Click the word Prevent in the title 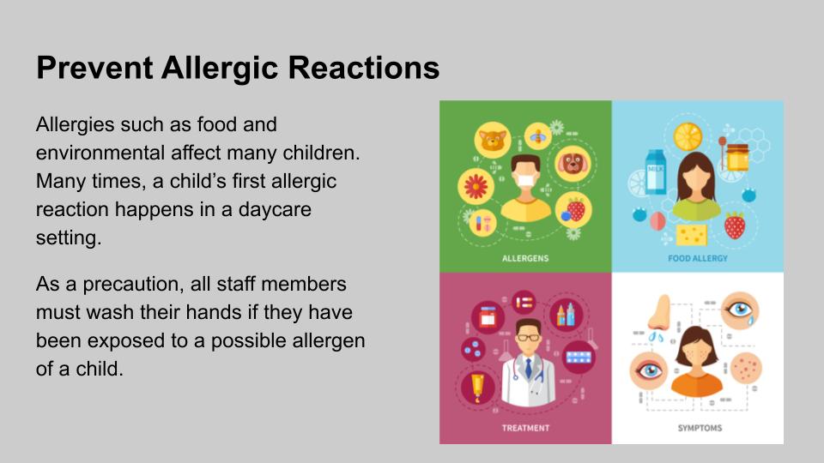94,68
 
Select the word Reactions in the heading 364,68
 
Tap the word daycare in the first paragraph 275,210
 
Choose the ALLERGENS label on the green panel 525,258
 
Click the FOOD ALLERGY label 698,258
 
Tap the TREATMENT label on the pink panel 525,428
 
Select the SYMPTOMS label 700,428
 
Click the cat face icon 493,140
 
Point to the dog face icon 573,164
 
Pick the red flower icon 476,186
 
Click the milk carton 655,171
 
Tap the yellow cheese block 691,235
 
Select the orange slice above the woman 688,136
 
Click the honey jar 737,157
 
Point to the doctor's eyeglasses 528,338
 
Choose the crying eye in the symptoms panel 740,310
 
